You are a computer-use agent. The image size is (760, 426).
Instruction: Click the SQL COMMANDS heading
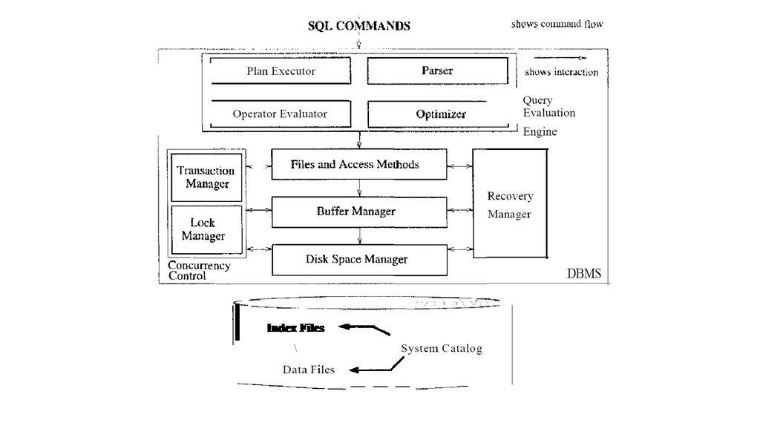pyautogui.click(x=359, y=26)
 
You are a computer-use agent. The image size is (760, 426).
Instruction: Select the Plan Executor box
pyautogui.click(x=281, y=71)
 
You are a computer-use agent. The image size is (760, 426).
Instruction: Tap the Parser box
pyautogui.click(x=437, y=71)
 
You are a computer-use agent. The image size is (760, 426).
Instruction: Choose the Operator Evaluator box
pyautogui.click(x=280, y=114)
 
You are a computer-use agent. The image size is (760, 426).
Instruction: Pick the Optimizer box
pyautogui.click(x=441, y=114)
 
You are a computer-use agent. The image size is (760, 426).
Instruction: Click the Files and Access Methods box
pyautogui.click(x=359, y=164)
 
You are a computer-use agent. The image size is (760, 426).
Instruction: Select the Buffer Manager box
pyautogui.click(x=359, y=212)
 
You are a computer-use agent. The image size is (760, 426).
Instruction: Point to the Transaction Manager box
pyautogui.click(x=206, y=177)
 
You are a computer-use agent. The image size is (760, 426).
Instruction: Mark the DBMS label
pyautogui.click(x=584, y=274)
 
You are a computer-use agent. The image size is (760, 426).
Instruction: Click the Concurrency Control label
pyautogui.click(x=199, y=271)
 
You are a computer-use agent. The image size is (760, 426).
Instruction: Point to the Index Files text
pyautogui.click(x=295, y=327)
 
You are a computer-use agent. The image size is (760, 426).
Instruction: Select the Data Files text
pyautogui.click(x=308, y=370)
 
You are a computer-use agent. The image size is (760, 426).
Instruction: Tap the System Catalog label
pyautogui.click(x=442, y=349)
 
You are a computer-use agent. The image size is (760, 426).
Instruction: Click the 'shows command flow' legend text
pyautogui.click(x=557, y=24)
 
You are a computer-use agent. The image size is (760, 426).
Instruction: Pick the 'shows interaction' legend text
pyautogui.click(x=561, y=72)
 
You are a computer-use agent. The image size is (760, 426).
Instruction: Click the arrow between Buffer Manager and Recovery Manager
pyautogui.click(x=459, y=212)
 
